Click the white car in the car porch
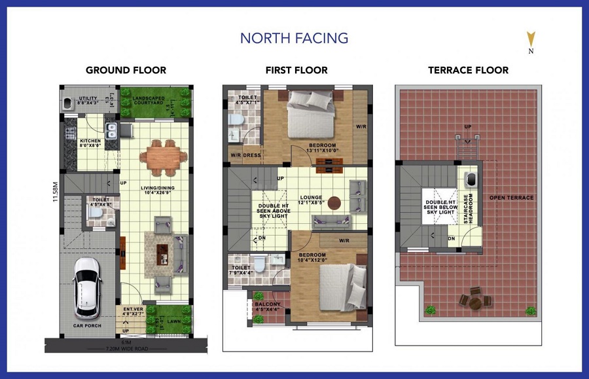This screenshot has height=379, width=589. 87,285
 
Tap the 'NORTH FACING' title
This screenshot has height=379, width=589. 294,38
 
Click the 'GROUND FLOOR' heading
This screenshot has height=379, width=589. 126,70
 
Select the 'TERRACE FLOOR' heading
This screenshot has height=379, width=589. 468,70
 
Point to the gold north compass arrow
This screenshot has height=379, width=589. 531,39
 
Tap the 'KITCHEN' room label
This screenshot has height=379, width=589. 90,142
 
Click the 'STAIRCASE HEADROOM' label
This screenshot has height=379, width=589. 467,209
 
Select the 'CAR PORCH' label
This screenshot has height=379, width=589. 86,325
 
